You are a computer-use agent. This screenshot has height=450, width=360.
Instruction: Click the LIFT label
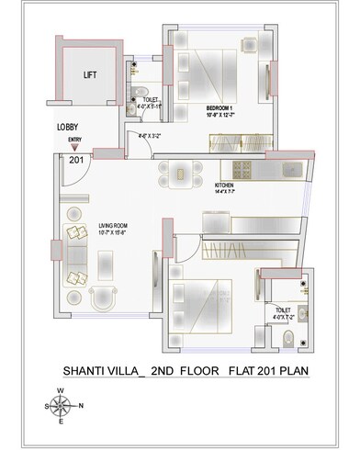coord(90,76)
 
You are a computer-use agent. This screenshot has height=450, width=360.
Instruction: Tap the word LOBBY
coord(66,128)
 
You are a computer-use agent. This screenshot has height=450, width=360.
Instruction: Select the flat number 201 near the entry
coord(74,160)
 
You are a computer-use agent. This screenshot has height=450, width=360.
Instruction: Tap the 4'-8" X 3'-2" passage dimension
coord(150,137)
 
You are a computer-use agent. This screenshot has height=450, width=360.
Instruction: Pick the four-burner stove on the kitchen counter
coord(242,169)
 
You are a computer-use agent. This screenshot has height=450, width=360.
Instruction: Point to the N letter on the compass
coord(81,405)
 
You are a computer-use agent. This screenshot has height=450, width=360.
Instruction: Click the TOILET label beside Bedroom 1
coord(151,99)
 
